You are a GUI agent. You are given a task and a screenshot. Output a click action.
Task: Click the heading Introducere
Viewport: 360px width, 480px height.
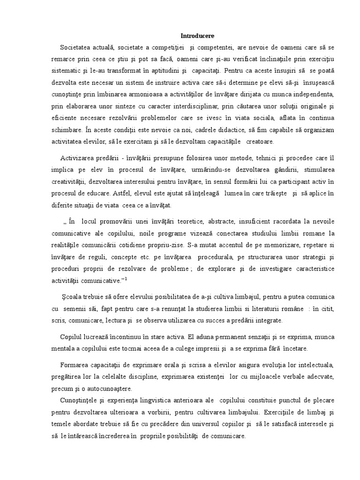pyautogui.click(x=198, y=36)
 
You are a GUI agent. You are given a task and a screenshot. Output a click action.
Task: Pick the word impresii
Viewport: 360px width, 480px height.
pyautogui.click(x=214, y=350)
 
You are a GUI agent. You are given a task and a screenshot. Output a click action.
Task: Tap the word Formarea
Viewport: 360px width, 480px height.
pyautogui.click(x=75, y=365)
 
